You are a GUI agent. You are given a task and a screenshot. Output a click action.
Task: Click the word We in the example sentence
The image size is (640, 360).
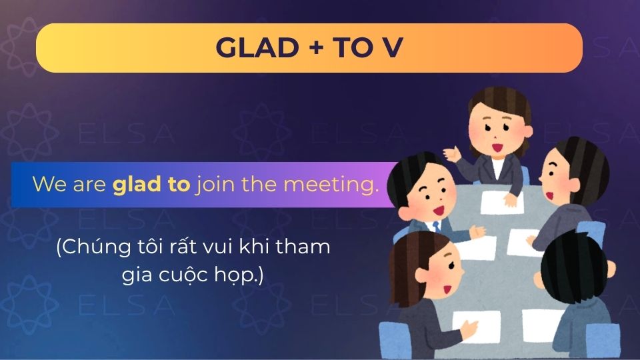(47, 185)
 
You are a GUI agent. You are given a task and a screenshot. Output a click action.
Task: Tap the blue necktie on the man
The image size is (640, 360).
(437, 226)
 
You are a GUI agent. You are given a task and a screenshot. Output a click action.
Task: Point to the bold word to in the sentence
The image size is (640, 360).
(179, 184)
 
